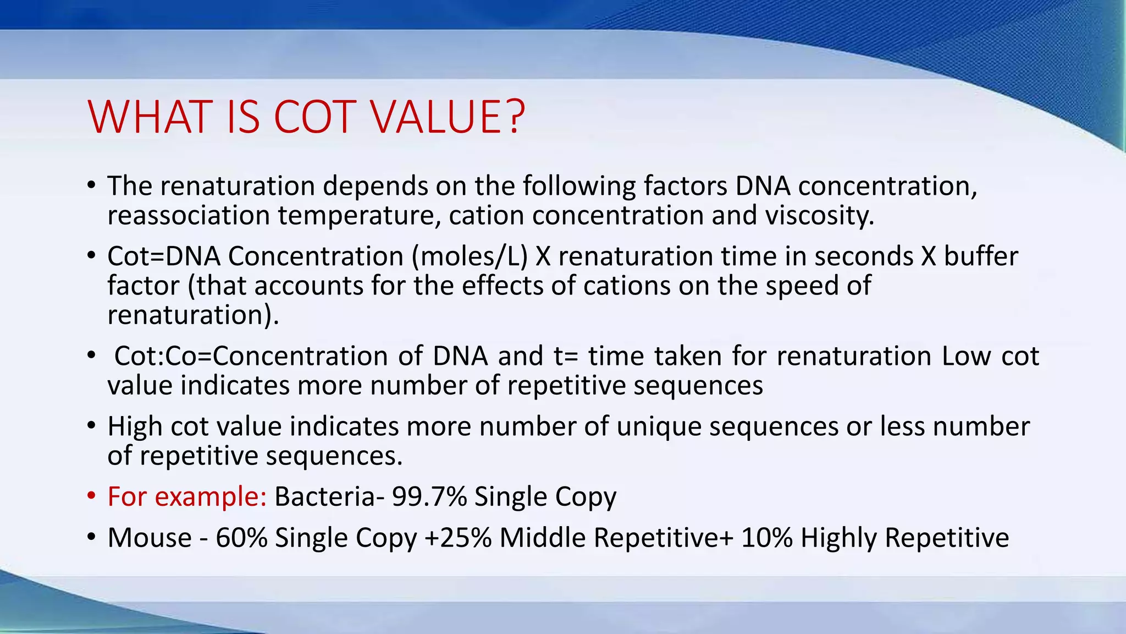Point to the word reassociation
[x=188, y=215]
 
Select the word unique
[x=659, y=427]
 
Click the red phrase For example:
[x=187, y=496]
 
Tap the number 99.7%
[x=429, y=496]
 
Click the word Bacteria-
[x=329, y=496]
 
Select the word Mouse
[x=149, y=538]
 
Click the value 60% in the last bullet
[x=241, y=538]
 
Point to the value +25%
[x=458, y=538]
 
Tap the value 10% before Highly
[x=766, y=538]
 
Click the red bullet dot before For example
[x=91, y=496]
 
